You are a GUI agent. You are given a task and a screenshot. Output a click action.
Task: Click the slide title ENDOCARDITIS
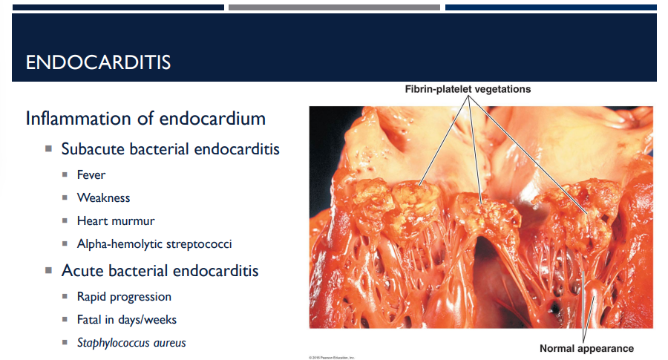(98, 63)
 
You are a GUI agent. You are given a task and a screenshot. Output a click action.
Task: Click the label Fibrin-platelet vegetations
(468, 89)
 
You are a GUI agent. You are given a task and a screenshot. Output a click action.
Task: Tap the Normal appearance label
(586, 348)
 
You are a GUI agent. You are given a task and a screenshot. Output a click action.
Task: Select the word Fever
(91, 175)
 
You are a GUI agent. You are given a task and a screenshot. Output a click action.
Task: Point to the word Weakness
(103, 198)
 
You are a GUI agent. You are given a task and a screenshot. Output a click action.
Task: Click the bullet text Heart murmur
(115, 221)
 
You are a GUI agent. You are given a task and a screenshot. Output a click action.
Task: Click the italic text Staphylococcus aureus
(131, 343)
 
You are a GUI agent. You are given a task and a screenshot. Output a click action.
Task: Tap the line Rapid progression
(124, 297)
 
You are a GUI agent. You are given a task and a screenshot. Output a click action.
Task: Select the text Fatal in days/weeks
(126, 320)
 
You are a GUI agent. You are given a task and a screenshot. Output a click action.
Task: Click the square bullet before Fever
(65, 175)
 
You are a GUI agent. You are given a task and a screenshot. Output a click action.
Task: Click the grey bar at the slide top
(334, 7)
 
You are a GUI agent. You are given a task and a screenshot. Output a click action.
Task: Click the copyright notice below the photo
(332, 357)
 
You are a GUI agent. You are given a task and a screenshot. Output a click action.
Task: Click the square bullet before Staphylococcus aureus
(65, 343)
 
